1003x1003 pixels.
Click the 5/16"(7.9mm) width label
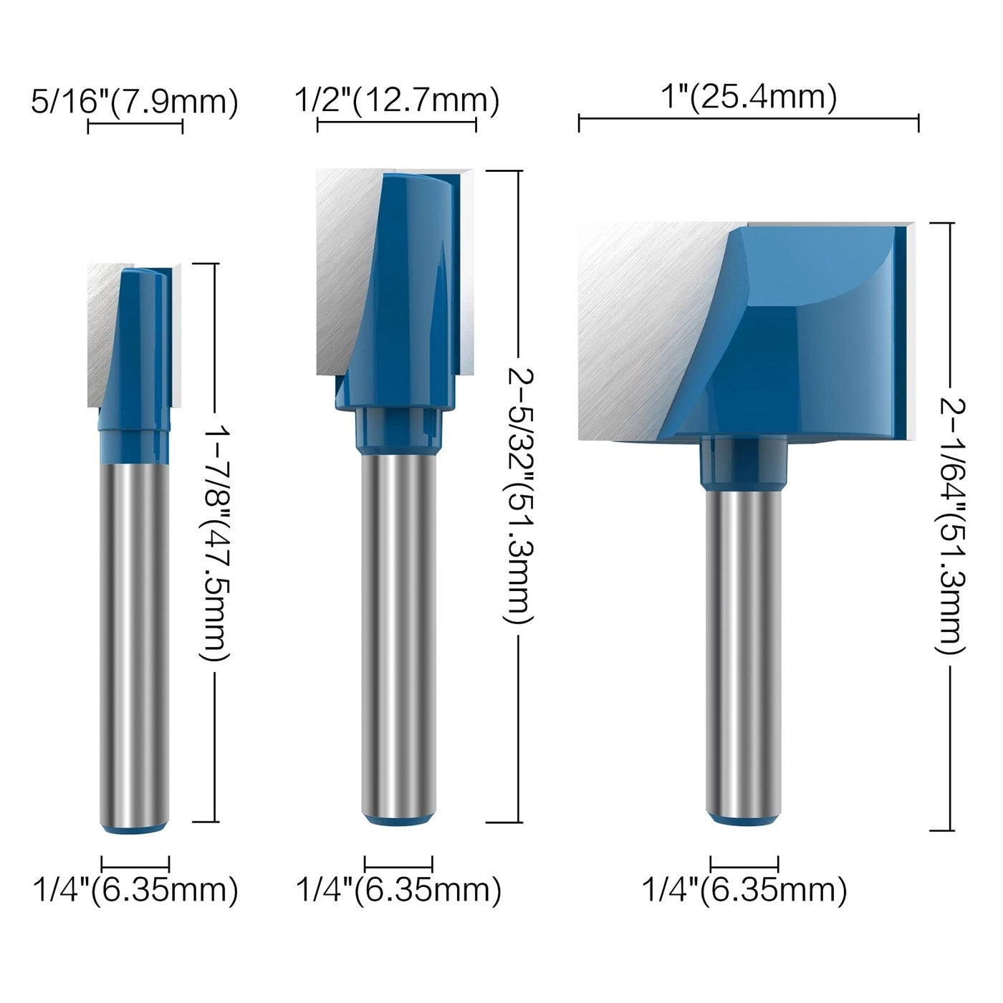(x=134, y=101)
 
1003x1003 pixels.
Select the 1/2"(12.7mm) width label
(x=396, y=101)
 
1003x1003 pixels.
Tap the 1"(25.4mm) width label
(x=748, y=97)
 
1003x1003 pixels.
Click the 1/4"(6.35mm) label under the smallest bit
(x=135, y=891)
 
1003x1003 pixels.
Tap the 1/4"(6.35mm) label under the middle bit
(x=398, y=891)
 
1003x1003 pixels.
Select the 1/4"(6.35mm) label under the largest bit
(x=744, y=891)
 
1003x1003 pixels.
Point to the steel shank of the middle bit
(x=398, y=630)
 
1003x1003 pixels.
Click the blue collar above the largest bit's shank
(x=744, y=465)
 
